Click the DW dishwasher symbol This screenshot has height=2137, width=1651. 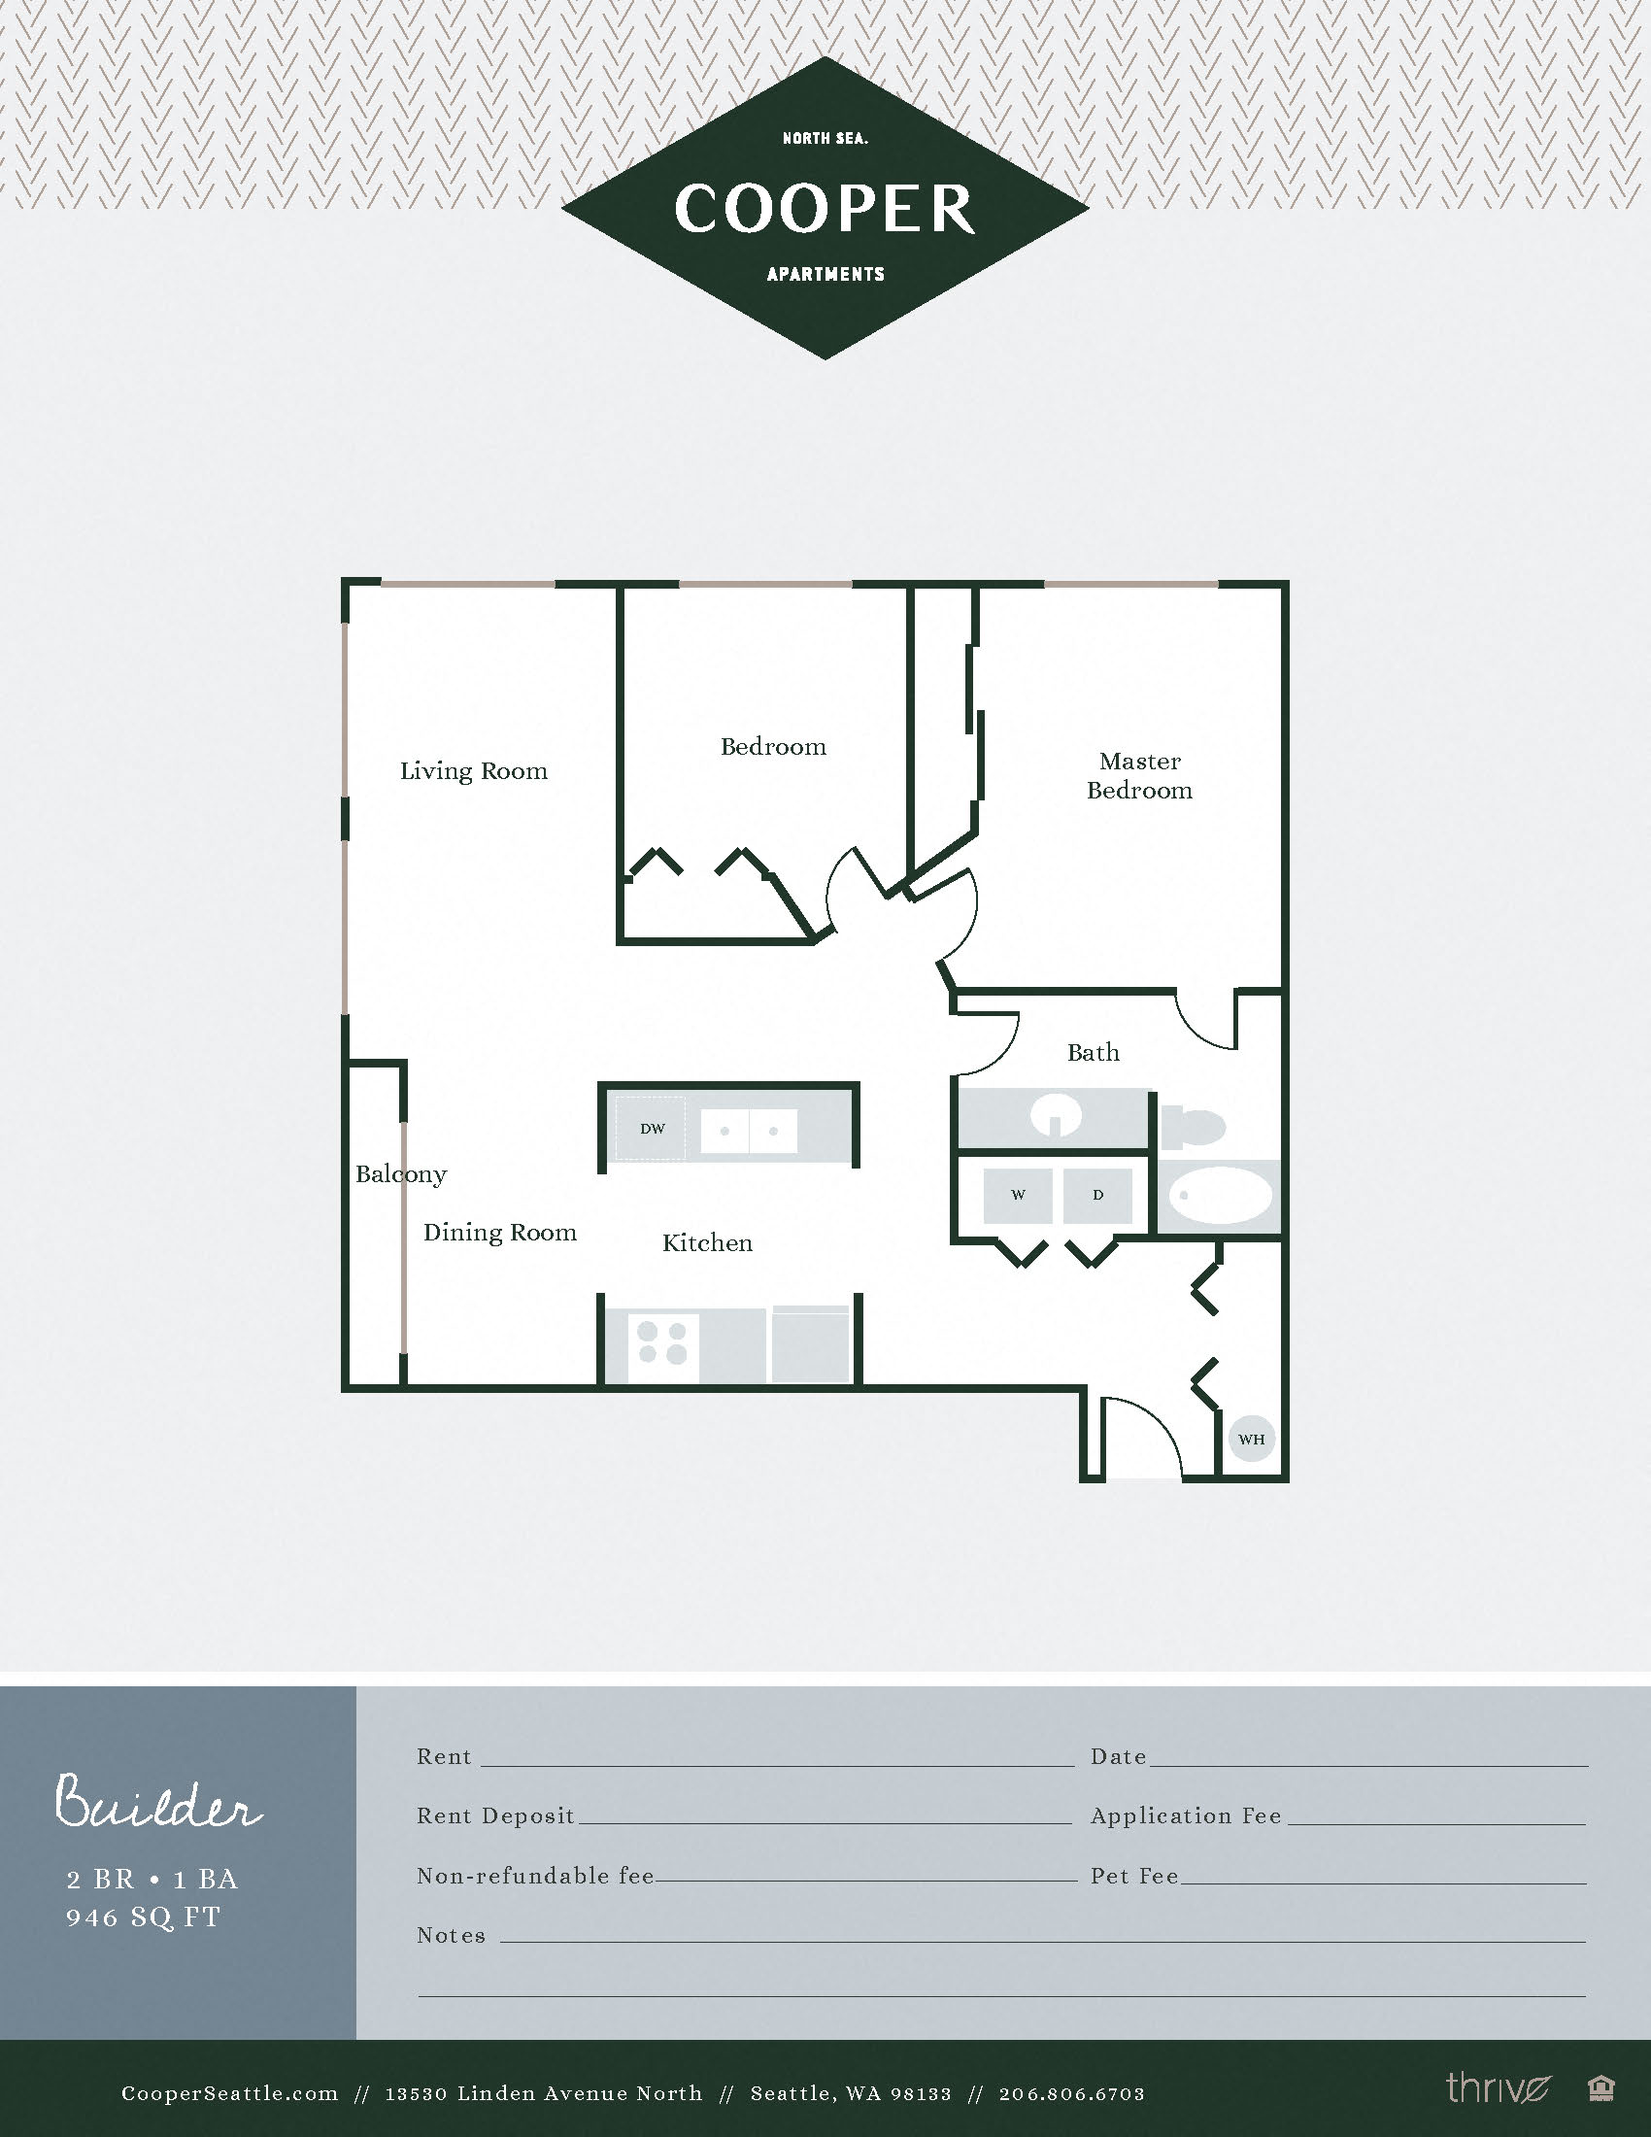click(x=652, y=1128)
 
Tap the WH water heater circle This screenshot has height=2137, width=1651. click(x=1251, y=1439)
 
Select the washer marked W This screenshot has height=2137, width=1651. click(x=1017, y=1195)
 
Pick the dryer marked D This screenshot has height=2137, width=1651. click(x=1097, y=1195)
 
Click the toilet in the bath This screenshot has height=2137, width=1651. click(x=1194, y=1126)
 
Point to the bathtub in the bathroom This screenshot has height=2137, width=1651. click(x=1220, y=1196)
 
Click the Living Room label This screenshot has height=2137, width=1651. click(x=473, y=771)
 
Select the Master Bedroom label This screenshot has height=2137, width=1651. click(x=1139, y=775)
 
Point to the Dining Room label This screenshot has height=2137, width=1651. click(x=500, y=1233)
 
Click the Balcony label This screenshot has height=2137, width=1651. click(x=401, y=1174)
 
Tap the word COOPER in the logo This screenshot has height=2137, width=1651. click(x=825, y=209)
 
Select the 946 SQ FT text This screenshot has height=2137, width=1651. click(x=144, y=1917)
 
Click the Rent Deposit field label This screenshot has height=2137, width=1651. click(x=495, y=1816)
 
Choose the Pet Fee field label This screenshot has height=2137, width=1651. click(x=1134, y=1876)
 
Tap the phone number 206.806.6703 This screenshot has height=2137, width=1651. click(x=1071, y=2093)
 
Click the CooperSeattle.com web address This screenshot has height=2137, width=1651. click(x=230, y=2093)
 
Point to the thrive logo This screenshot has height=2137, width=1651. click(x=1498, y=2089)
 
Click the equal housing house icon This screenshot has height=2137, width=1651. click(x=1600, y=2089)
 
